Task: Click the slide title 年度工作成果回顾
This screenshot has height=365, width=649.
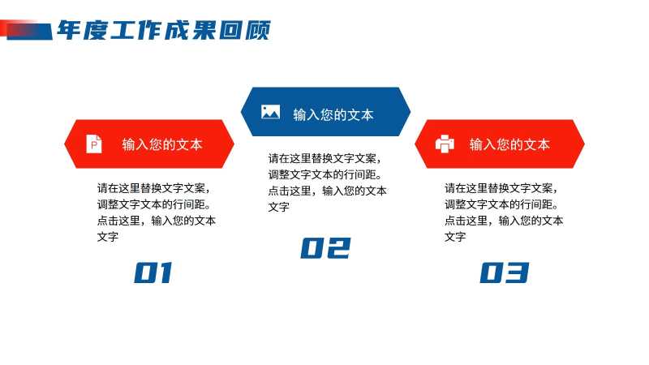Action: [164, 30]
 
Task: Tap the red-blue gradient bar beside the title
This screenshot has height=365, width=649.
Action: [26, 30]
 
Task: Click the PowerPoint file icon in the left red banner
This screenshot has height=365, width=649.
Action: [94, 144]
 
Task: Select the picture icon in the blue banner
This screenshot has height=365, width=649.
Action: [270, 112]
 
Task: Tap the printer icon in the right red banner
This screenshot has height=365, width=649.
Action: [445, 144]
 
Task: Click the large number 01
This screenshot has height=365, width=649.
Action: [153, 273]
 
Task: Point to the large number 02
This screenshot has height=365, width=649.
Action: [326, 248]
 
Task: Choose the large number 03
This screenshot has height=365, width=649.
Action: [504, 273]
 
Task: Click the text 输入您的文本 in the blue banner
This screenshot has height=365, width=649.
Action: [333, 114]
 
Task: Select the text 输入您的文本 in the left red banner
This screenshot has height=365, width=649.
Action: [161, 144]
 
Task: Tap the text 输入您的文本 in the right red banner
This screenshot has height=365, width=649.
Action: [509, 144]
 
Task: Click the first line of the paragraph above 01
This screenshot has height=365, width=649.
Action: [153, 188]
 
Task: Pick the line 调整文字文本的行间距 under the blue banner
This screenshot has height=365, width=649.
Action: [325, 174]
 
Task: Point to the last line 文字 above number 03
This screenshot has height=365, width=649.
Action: [455, 237]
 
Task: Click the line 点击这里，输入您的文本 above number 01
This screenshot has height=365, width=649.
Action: [157, 221]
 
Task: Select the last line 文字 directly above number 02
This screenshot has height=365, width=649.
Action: [279, 207]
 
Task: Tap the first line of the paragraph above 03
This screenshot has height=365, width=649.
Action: [501, 188]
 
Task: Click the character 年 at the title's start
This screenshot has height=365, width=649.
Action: [70, 30]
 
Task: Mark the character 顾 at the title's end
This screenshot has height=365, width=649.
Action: [257, 30]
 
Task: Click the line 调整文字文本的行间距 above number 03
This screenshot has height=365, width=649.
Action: [501, 204]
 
